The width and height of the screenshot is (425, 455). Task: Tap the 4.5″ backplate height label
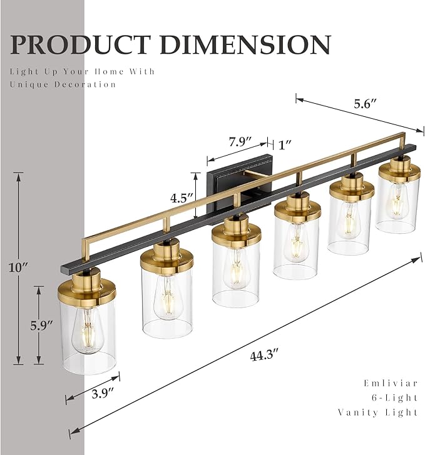[182, 198]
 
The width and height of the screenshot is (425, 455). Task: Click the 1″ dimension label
[285, 144]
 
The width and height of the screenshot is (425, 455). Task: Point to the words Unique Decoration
[63, 84]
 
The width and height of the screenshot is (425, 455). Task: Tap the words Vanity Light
[378, 412]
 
